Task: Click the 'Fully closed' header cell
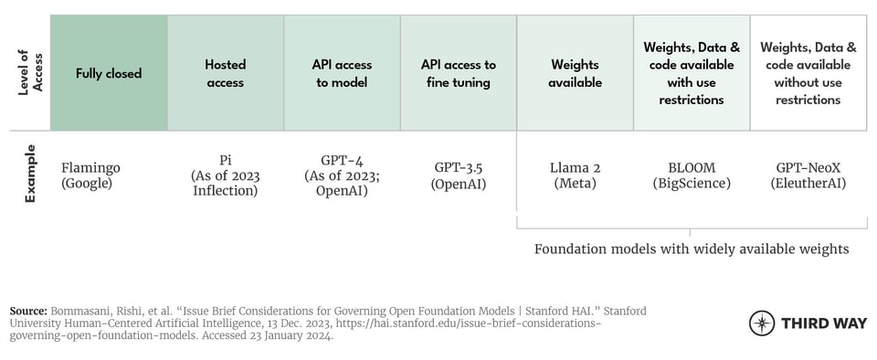[x=109, y=73]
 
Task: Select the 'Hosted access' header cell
[x=225, y=73]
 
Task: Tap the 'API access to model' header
[x=341, y=73]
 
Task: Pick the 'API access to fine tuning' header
[x=458, y=73]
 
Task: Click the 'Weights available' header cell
[x=576, y=73]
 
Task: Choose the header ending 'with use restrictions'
[x=692, y=73]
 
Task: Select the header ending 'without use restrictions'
[x=808, y=73]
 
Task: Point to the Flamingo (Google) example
[x=90, y=175]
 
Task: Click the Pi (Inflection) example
[x=225, y=175]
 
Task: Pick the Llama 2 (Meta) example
[x=576, y=175]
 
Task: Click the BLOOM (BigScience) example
[x=692, y=175]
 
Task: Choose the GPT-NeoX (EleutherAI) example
[x=808, y=175]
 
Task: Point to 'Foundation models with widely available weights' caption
[x=692, y=249]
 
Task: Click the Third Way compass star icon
[x=761, y=323]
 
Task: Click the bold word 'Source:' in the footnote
[x=29, y=311]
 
